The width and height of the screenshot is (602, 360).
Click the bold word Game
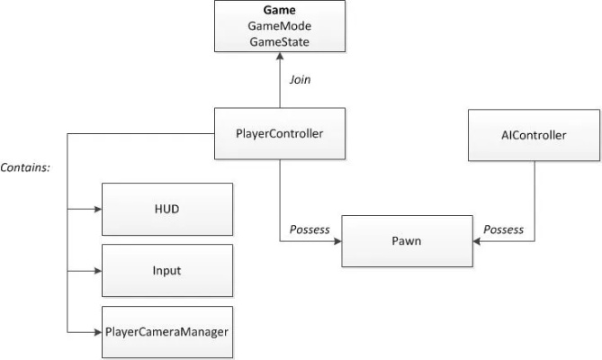tap(280, 12)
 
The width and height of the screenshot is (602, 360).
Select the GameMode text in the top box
tap(280, 27)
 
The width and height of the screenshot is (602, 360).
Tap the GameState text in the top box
tap(280, 41)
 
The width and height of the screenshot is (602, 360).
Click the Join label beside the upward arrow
tap(300, 79)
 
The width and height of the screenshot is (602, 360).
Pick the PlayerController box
tap(280, 135)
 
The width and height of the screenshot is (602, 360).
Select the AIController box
tap(533, 135)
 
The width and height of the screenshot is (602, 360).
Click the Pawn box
tap(407, 241)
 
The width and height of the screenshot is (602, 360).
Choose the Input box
tap(166, 269)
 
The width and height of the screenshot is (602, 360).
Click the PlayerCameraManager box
tap(166, 330)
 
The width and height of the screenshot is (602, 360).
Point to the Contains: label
tap(25, 167)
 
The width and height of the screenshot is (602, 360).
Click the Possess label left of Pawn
tap(310, 229)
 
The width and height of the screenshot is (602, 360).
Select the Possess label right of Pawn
tap(503, 229)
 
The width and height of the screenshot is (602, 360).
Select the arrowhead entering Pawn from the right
tap(477, 241)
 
